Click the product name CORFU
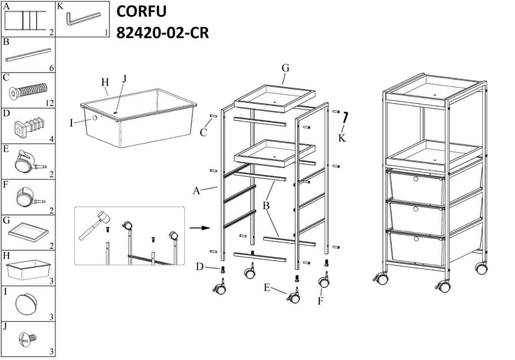(141, 12)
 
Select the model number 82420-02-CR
(162, 32)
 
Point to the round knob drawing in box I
(27, 303)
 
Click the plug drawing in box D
(27, 126)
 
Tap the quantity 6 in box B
(51, 67)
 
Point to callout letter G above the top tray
(285, 68)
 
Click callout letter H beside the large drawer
(104, 81)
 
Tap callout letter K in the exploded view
(342, 138)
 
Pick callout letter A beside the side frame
(196, 190)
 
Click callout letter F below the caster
(320, 301)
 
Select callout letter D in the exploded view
(200, 267)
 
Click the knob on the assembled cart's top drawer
(416, 179)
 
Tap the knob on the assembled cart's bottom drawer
(416, 239)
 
